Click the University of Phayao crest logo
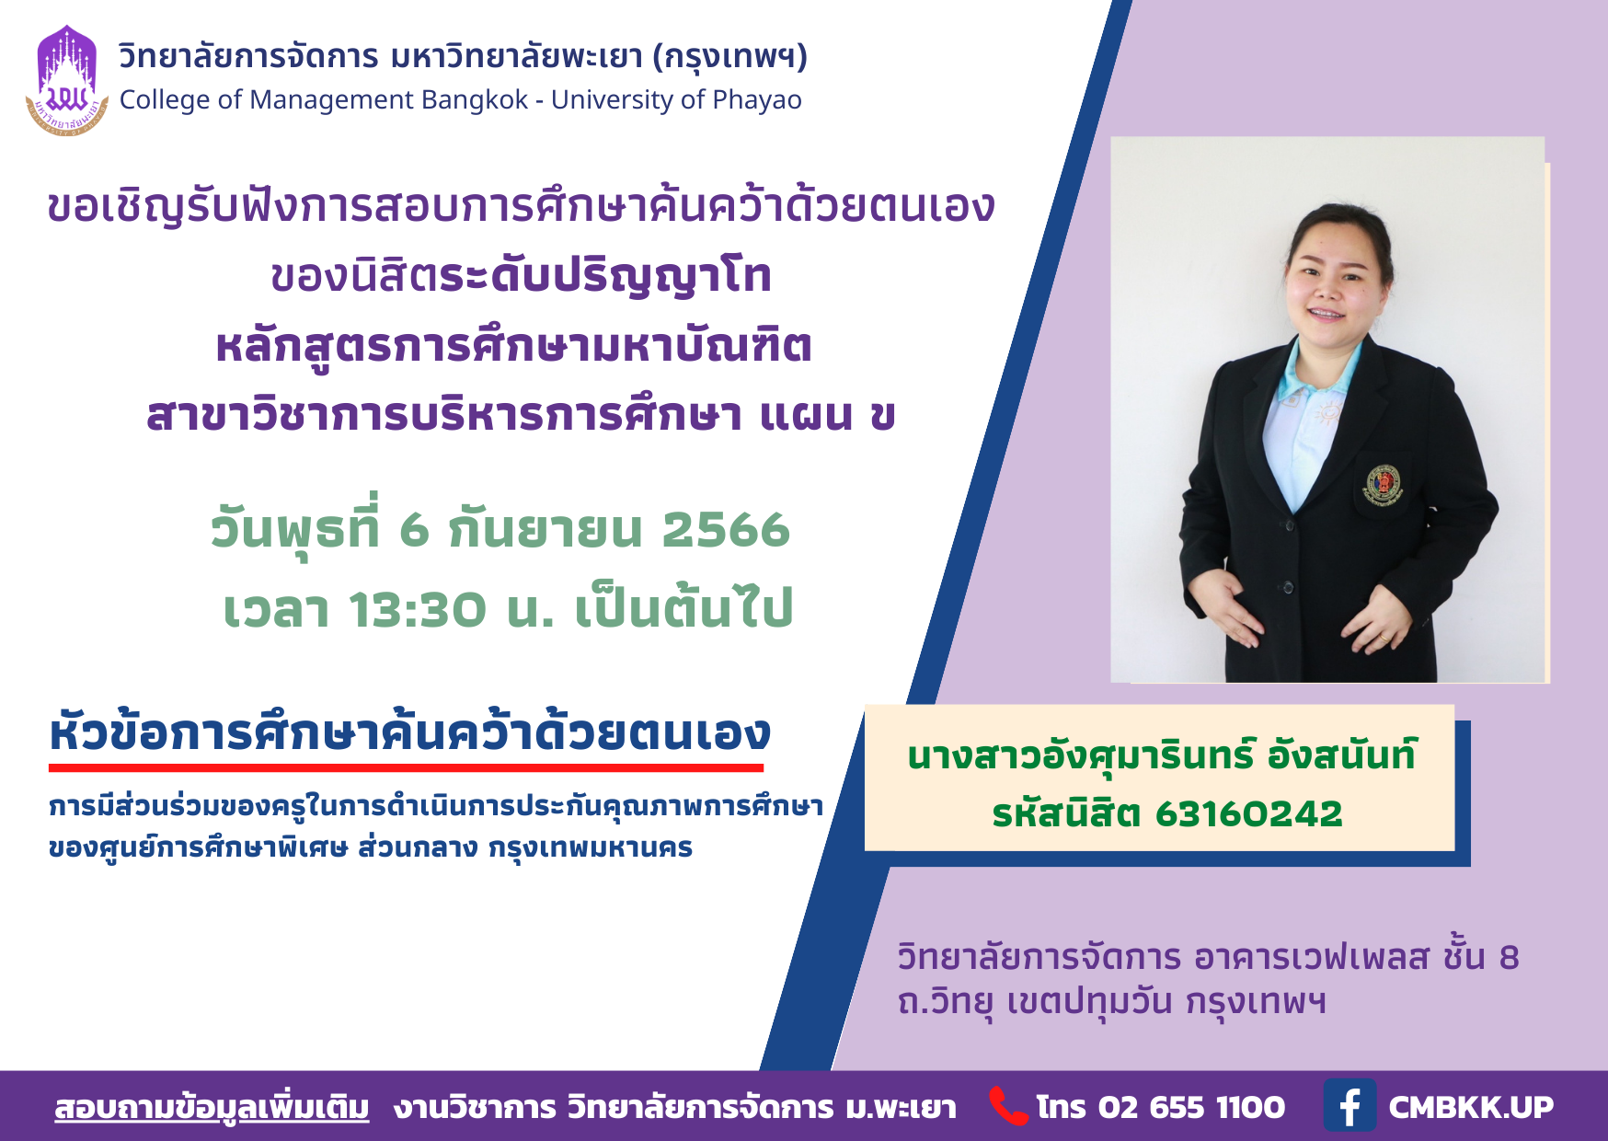pyautogui.click(x=67, y=81)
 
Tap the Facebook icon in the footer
pyautogui.click(x=1350, y=1106)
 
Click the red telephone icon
pyautogui.click(x=1008, y=1106)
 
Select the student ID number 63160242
pyautogui.click(x=1248, y=813)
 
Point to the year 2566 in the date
pyautogui.click(x=726, y=529)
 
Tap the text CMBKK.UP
pyautogui.click(x=1470, y=1107)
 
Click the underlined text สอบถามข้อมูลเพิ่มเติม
pyautogui.click(x=212, y=1108)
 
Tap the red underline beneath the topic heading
pyautogui.click(x=406, y=767)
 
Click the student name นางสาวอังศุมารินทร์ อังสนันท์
pyautogui.click(x=1162, y=755)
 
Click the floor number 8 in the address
pyautogui.click(x=1509, y=958)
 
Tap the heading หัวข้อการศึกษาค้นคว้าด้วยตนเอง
pyautogui.click(x=410, y=732)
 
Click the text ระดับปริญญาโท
pyautogui.click(x=605, y=277)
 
